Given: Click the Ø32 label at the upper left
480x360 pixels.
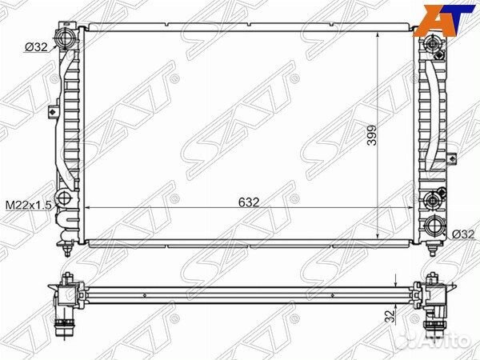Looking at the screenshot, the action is coord(36,47).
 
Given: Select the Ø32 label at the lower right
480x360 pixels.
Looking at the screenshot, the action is coord(463,234).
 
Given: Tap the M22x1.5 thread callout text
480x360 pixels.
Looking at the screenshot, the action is coord(29,205).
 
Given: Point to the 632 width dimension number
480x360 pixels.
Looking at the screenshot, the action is coord(249,202).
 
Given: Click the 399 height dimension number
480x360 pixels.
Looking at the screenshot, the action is coord(372,135).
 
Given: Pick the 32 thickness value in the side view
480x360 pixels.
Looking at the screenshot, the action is coord(389,316).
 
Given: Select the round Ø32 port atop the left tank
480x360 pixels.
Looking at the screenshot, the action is coord(65,38).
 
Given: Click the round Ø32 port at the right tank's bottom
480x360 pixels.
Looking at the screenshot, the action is coord(434,226).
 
